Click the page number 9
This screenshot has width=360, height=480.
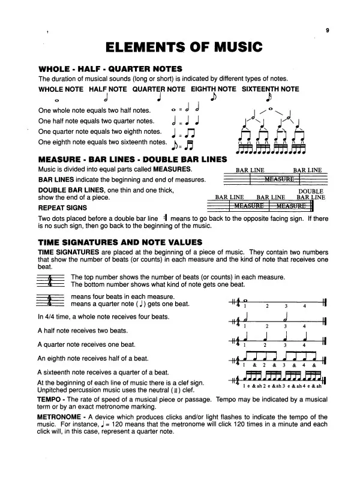pyautogui.click(x=328, y=29)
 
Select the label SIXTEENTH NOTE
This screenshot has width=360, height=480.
pyautogui.click(x=270, y=89)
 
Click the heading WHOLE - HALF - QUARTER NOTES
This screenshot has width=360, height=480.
pyautogui.click(x=110, y=69)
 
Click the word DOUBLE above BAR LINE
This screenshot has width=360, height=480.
pyautogui.click(x=311, y=191)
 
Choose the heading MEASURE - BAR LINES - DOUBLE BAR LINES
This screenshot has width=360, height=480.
pyautogui.click(x=133, y=159)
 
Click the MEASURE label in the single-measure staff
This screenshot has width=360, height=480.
pyautogui.click(x=278, y=179)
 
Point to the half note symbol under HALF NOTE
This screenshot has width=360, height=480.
pyautogui.click(x=106, y=97)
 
